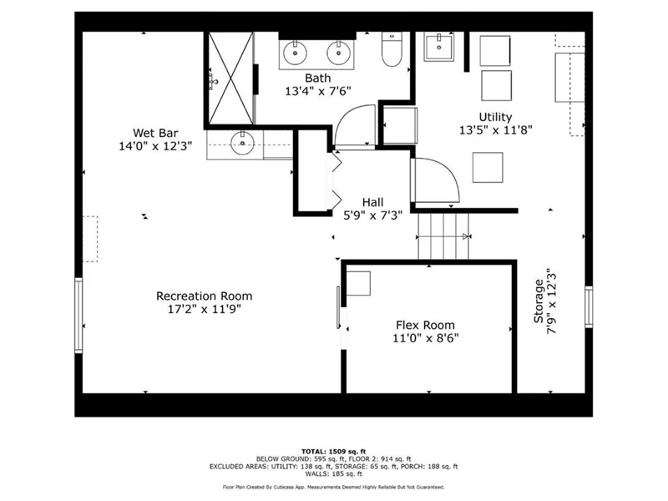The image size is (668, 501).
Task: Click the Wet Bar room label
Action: pos(155,133)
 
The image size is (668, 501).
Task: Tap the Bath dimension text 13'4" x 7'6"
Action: pos(318,91)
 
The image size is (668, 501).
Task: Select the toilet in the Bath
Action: pos(392,49)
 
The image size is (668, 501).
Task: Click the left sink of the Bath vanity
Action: pos(295,53)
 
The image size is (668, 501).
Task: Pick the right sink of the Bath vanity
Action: pos(339,53)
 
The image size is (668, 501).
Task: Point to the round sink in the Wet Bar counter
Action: pos(242,143)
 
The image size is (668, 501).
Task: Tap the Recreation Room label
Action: pos(204,296)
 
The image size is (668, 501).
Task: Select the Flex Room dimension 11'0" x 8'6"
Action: pos(425,338)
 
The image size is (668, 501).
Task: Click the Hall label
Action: pos(372,202)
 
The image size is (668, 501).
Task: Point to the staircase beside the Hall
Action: pos(443,236)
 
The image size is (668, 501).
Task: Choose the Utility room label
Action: pos(495,117)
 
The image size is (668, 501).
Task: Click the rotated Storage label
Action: pos(539,301)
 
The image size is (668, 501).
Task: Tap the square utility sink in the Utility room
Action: pos(438,47)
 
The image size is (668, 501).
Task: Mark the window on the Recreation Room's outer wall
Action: pos(78,316)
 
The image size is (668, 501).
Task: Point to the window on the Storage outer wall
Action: pos(589,306)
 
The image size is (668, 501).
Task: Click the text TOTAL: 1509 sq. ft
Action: pos(333,452)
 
